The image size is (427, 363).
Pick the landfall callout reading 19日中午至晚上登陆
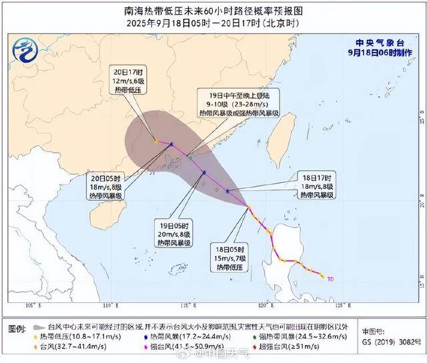point(238,105)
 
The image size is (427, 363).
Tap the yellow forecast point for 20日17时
point(155,141)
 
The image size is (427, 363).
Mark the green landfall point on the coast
point(190,157)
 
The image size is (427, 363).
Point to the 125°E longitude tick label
point(346,306)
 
